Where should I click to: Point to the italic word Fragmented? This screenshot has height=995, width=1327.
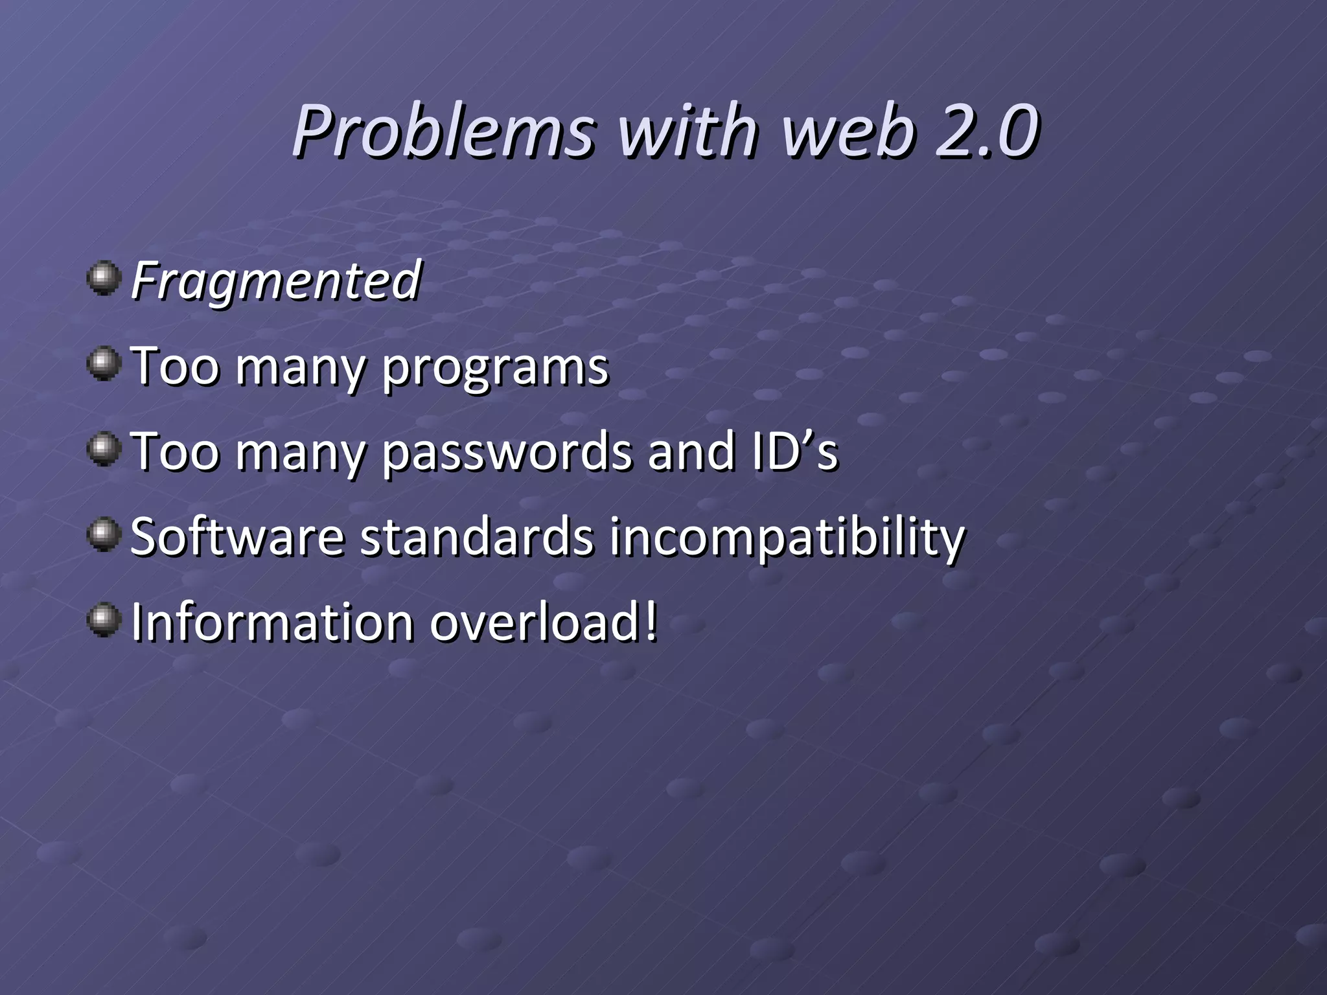(276, 281)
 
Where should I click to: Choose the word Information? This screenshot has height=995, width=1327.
(272, 622)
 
